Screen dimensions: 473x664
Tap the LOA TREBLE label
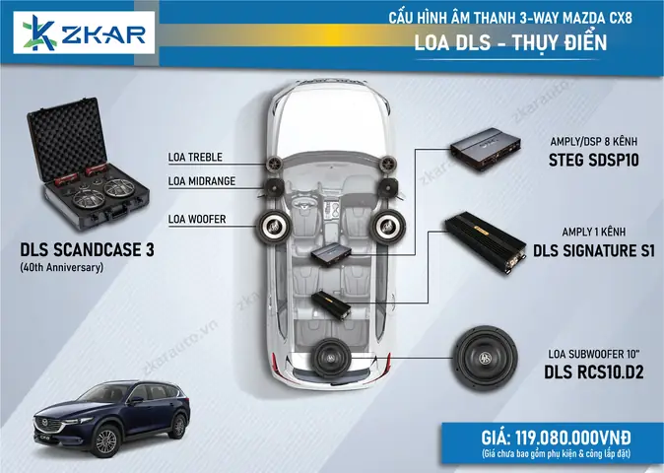[195, 157]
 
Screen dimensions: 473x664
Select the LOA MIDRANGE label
[202, 180]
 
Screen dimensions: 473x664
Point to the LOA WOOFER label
[197, 219]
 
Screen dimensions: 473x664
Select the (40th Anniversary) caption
[61, 267]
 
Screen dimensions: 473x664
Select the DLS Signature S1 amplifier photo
[492, 239]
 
